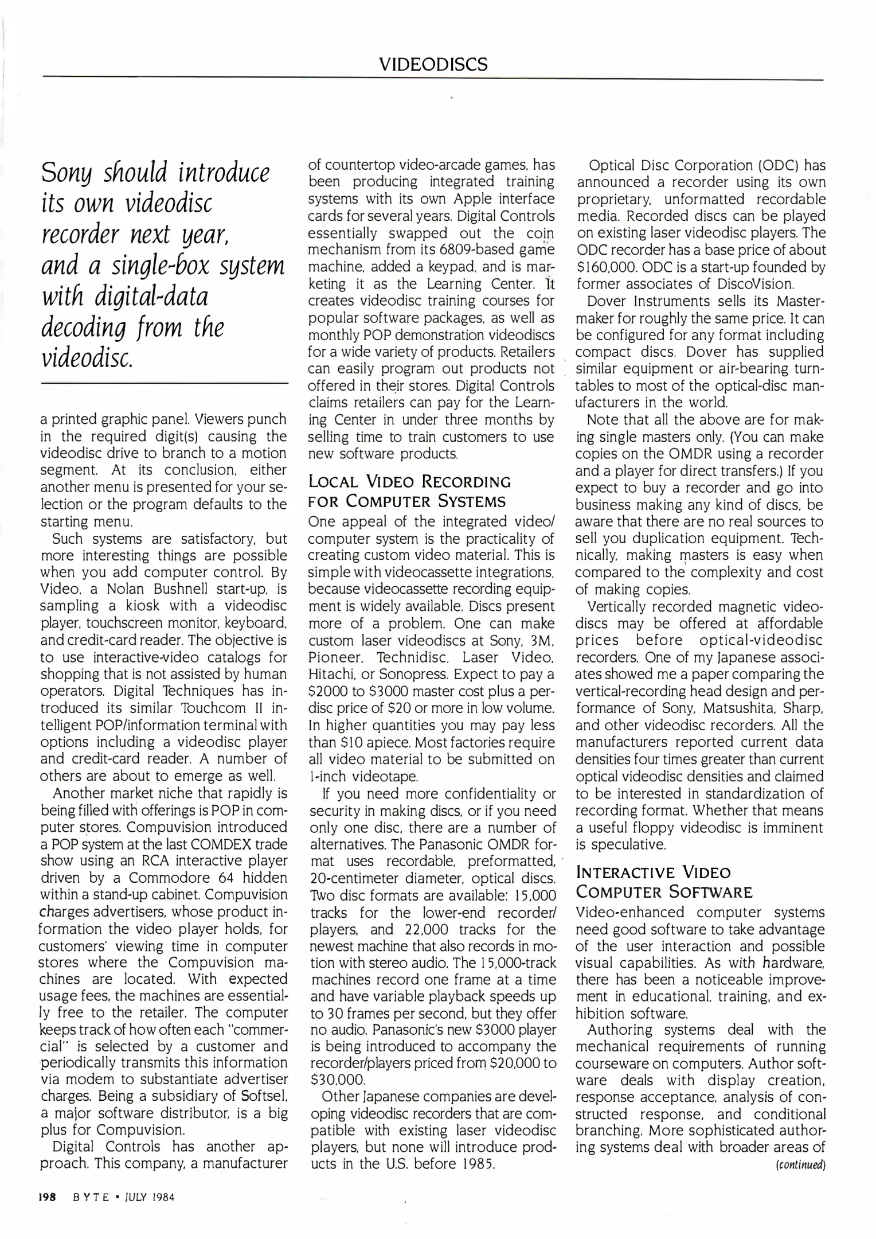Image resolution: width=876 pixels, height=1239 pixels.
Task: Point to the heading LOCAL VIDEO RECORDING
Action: (x=409, y=481)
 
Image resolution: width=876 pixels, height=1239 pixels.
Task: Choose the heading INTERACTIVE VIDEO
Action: (x=654, y=872)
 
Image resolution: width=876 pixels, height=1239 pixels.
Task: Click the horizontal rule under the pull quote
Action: (x=165, y=382)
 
